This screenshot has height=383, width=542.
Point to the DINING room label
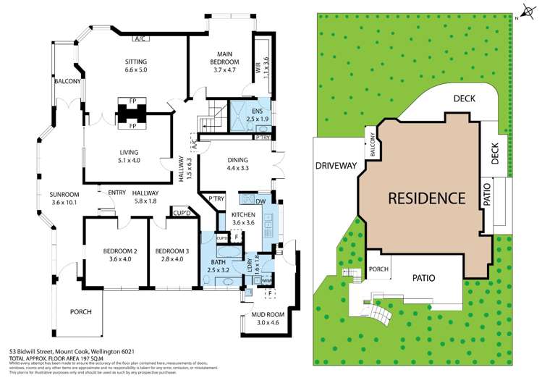(237, 160)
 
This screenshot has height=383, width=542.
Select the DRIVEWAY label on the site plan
(336, 166)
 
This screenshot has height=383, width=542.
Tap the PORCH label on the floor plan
(81, 312)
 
